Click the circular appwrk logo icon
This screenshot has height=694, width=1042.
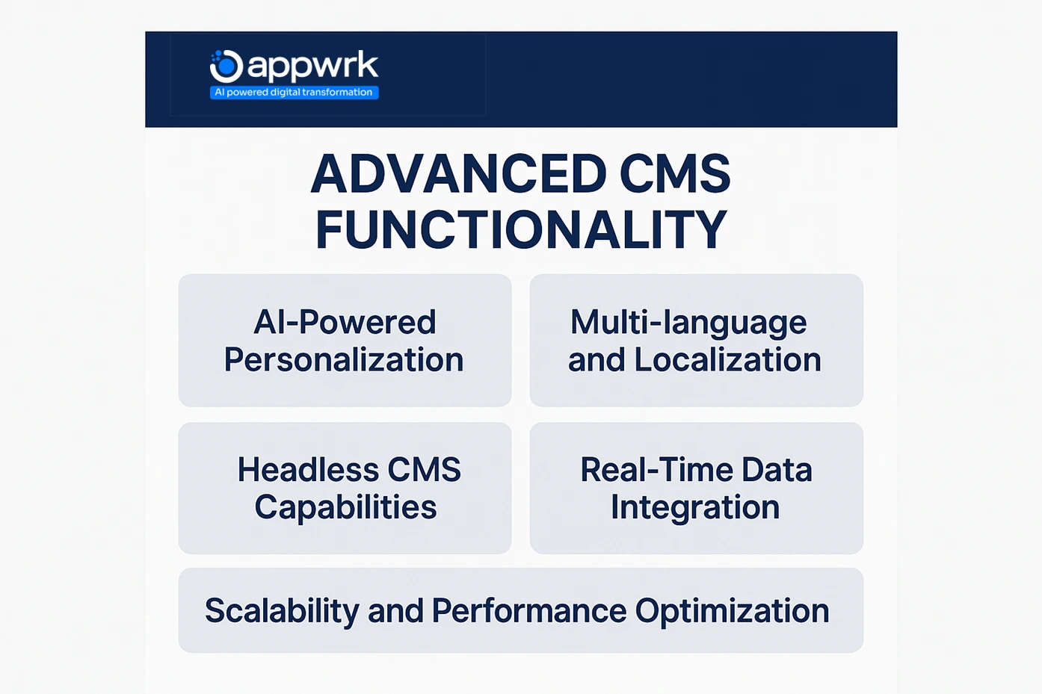coord(226,66)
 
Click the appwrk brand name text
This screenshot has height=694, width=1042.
coord(312,66)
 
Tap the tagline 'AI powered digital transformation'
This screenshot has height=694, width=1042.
coord(294,93)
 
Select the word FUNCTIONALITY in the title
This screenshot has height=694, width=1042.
coord(521,230)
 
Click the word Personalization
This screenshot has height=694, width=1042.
coord(344,360)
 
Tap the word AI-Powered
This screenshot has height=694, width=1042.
coord(345,323)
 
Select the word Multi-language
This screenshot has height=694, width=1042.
coord(688,323)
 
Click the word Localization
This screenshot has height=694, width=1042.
coord(727,360)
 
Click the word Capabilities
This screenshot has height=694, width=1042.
coord(345,507)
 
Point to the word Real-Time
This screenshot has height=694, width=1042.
coord(655,470)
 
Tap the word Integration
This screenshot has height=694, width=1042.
coord(695,507)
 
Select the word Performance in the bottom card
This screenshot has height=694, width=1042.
coord(529,611)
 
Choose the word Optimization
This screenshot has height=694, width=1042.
coord(732,611)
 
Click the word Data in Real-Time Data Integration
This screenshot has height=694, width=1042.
coord(777,470)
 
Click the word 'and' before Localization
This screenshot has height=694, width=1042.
coord(596,360)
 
